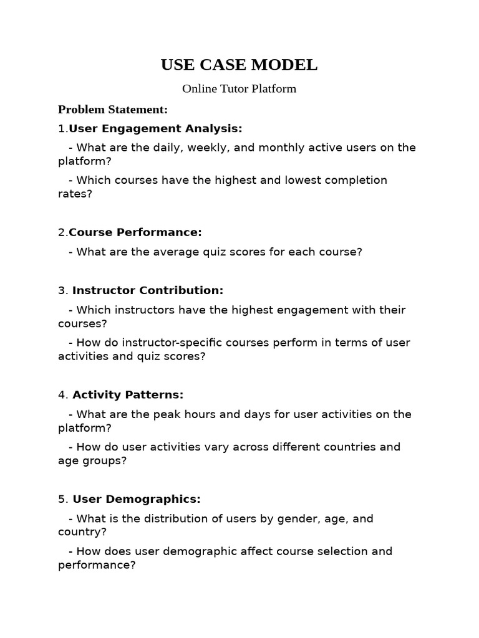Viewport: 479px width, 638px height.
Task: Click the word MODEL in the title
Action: pyautogui.click(x=286, y=65)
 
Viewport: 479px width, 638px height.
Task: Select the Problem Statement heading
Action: pyautogui.click(x=113, y=110)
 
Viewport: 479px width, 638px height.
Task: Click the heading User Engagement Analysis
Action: pyautogui.click(x=155, y=128)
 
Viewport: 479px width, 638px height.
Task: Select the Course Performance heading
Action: pyautogui.click(x=135, y=232)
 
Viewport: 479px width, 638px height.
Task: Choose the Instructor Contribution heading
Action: pyautogui.click(x=148, y=290)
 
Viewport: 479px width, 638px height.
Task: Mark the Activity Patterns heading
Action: pyautogui.click(x=128, y=395)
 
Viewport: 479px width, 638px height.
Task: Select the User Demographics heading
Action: pyautogui.click(x=137, y=499)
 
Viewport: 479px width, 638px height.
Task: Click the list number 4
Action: pyautogui.click(x=62, y=395)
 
